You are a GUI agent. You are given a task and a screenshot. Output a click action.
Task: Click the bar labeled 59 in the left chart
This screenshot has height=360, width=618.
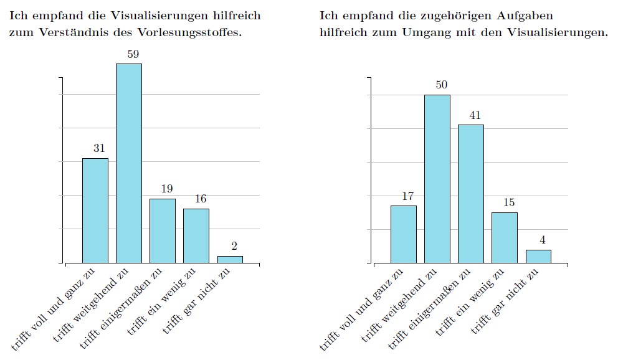[x=129, y=163]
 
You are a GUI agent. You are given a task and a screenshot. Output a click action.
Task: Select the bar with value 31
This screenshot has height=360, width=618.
[x=95, y=211]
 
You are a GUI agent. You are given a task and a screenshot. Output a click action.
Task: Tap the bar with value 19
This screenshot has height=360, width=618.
[x=163, y=230]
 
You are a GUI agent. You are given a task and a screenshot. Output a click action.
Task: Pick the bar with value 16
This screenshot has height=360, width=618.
[x=196, y=235]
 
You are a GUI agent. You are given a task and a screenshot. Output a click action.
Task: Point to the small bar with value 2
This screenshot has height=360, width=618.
[x=230, y=259]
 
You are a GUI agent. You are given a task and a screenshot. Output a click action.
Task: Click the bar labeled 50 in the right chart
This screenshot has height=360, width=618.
[x=437, y=179]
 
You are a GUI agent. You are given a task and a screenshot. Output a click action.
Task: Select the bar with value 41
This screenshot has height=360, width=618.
[x=471, y=194]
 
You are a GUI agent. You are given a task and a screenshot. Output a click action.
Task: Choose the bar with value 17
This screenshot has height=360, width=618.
[x=404, y=234]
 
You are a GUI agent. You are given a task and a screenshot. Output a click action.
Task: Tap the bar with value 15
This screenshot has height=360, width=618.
[x=505, y=237]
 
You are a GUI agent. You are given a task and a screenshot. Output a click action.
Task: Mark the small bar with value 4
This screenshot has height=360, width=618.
[x=538, y=256]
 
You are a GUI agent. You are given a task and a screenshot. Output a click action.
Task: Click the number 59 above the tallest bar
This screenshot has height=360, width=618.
[x=133, y=54]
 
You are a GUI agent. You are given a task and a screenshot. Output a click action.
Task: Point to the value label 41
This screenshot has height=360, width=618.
[x=475, y=115]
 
